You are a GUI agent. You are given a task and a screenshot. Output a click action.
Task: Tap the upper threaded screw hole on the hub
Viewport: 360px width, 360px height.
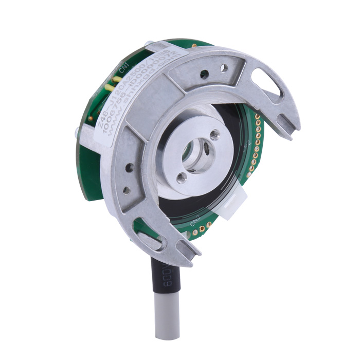coord(214,135)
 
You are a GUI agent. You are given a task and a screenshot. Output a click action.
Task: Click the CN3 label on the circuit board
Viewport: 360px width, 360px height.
coord(194,222)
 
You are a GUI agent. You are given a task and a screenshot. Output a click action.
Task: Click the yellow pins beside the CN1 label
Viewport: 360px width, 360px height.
coord(118,80)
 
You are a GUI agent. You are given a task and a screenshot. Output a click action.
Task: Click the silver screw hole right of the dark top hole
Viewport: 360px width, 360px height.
coord(223,67)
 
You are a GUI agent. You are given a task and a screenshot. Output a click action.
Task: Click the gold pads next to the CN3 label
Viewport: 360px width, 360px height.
coord(206,226)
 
